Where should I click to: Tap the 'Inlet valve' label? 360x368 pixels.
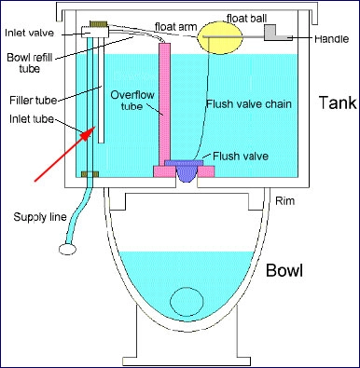(27, 34)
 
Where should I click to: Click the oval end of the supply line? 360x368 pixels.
(66, 249)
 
